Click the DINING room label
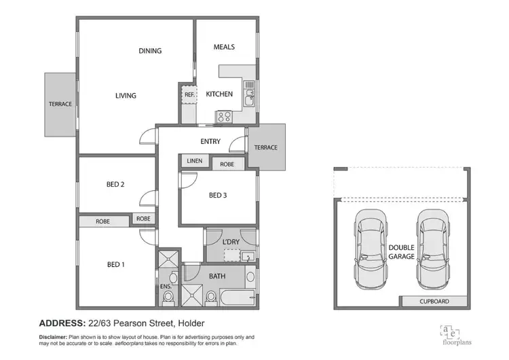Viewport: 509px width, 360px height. click(150, 50)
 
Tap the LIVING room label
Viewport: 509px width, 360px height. click(126, 96)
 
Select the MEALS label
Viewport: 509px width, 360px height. click(224, 47)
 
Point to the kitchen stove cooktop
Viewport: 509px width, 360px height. click(224, 116)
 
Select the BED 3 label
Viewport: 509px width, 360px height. click(217, 196)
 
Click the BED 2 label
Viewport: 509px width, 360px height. click(114, 184)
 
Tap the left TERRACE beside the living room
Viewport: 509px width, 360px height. click(60, 104)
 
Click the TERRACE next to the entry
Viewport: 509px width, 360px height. click(265, 147)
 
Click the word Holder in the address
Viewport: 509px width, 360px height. click(190, 323)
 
